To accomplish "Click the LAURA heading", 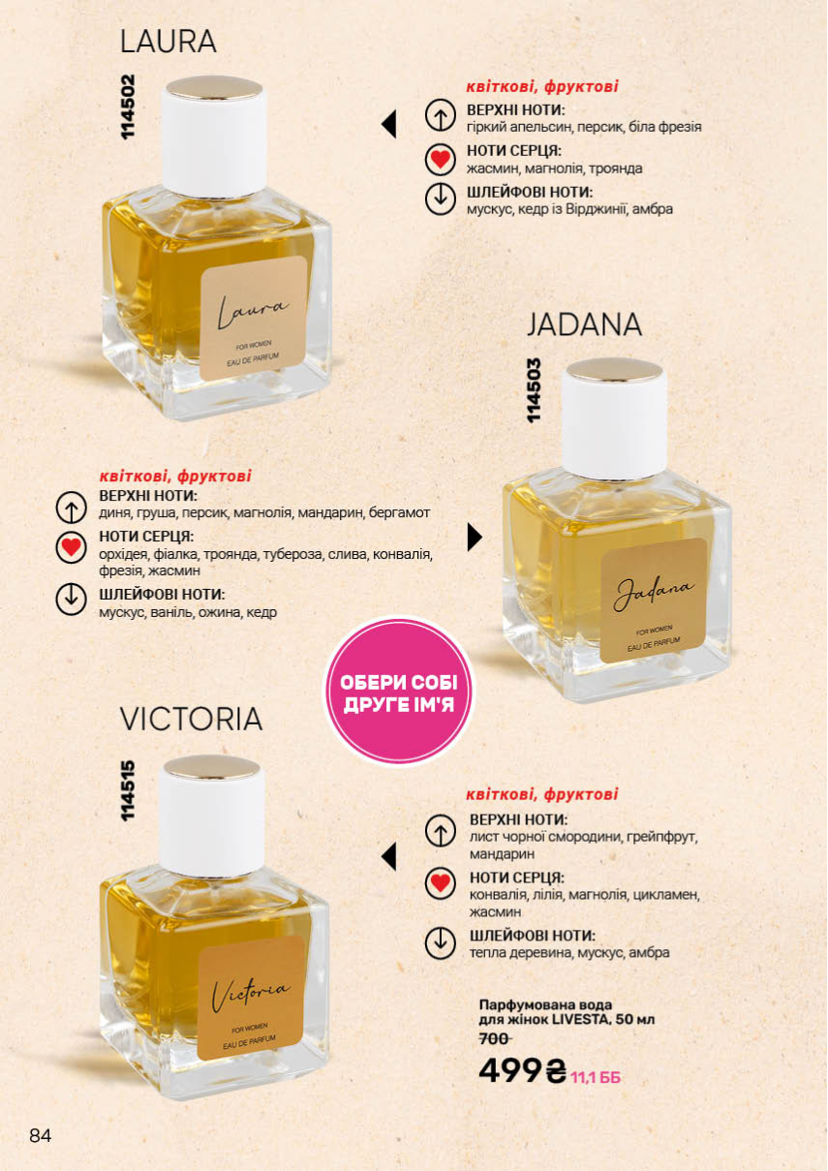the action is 168,42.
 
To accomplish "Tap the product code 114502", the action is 128,107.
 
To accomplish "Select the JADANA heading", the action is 584,324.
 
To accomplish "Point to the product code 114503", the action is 534,390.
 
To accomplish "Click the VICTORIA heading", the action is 192,719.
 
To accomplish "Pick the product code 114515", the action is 128,790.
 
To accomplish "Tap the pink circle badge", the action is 399,693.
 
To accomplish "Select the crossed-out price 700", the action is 495,1038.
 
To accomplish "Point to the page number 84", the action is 41,1135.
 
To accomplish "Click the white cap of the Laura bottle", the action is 214,137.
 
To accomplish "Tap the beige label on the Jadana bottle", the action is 654,601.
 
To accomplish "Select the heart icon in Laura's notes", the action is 440,159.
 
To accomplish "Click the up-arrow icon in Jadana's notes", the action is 71,508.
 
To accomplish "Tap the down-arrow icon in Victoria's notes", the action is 440,943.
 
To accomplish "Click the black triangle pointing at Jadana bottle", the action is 475,538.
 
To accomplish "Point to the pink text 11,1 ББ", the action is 596,1077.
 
